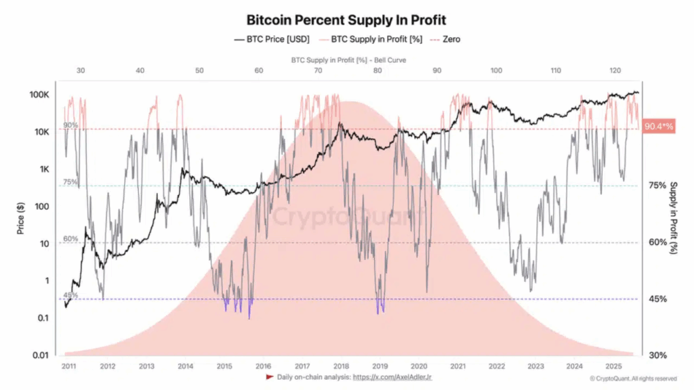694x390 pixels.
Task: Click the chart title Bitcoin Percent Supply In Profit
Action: [x=346, y=20]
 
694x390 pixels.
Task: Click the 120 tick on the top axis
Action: [x=615, y=70]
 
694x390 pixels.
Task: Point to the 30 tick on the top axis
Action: [x=81, y=70]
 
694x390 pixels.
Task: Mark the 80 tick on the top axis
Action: [x=377, y=70]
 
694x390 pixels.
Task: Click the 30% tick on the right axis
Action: [x=657, y=355]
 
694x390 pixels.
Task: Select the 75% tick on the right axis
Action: [x=657, y=185]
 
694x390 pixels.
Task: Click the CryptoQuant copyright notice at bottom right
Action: [x=632, y=378]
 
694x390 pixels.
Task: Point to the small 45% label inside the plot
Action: [x=70, y=295]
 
